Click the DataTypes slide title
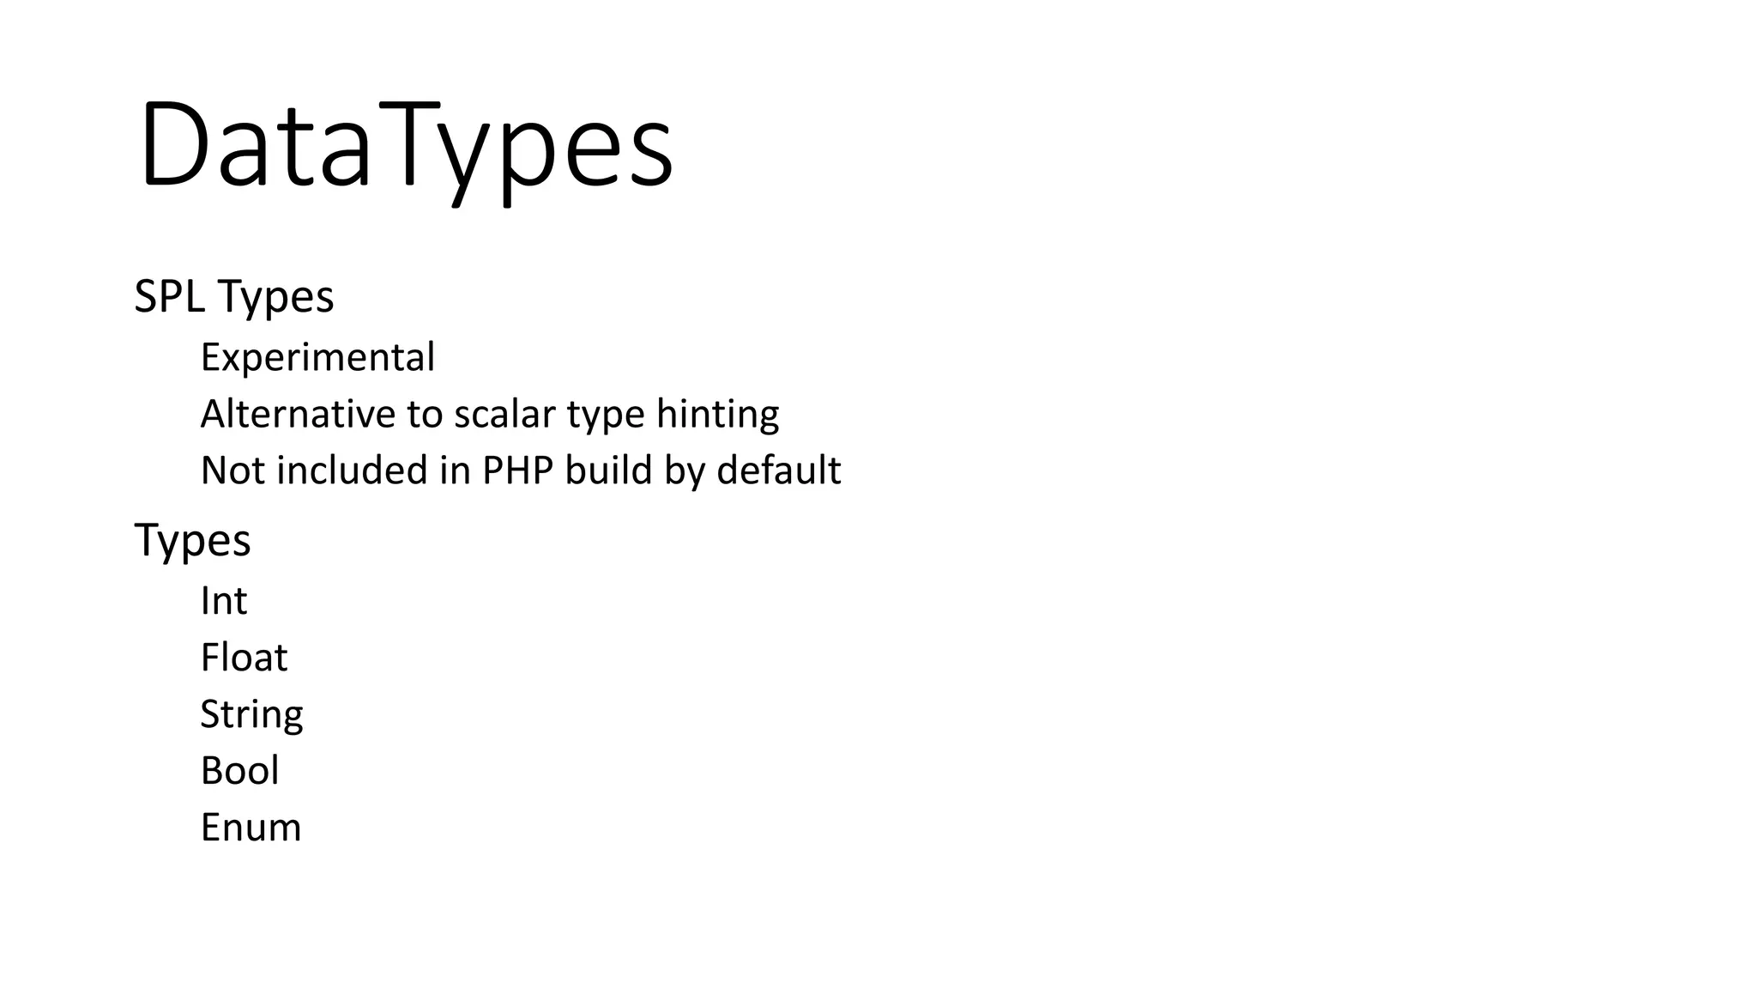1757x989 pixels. pos(406,146)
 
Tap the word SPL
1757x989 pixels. pos(169,297)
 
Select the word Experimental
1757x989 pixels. pos(317,357)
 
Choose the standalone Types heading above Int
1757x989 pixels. pos(192,542)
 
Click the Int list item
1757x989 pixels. pos(223,601)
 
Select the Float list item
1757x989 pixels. pos(244,658)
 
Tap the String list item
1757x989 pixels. pos(251,715)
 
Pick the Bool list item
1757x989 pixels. pos(239,771)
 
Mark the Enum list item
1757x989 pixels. pos(251,828)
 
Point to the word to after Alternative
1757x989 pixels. pos(424,415)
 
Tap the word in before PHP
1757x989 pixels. pos(455,470)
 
